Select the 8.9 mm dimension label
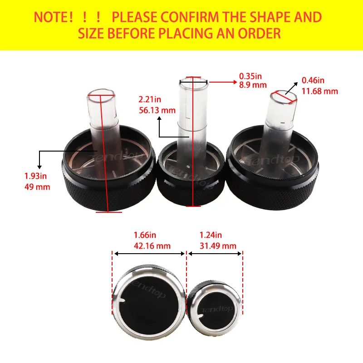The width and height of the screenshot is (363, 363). coord(253,85)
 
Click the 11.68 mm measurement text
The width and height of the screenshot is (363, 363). coord(320,91)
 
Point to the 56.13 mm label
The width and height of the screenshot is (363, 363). coord(157,110)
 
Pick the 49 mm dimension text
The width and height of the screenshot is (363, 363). coord(37,187)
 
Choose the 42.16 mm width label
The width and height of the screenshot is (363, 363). coord(152,245)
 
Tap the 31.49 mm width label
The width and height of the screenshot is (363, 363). coord(218,245)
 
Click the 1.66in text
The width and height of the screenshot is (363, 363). coord(145,235)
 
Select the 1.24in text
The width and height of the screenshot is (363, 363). coord(211,235)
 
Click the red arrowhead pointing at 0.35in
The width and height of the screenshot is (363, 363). coord(235,82)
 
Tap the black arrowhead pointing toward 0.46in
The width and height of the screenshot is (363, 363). coord(296,84)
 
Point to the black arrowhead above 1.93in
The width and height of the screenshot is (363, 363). coord(39,167)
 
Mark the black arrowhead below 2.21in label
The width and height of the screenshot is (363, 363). coord(159,119)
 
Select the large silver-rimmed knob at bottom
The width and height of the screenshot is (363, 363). coord(149,302)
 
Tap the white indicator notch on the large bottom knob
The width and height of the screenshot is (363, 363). coord(122,300)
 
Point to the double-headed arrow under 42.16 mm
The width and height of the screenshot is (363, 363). coord(150,254)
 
